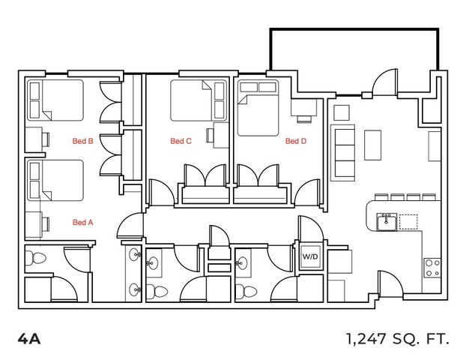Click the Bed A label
83,222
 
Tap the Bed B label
83,141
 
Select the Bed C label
181,141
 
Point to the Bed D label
296,141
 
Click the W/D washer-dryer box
310,256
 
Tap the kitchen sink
387,222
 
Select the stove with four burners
432,268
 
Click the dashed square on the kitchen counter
408,222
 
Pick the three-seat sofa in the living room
342,153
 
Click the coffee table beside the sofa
373,145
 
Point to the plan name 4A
29,339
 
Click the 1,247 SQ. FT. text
397,339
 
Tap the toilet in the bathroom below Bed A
35,258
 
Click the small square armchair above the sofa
342,112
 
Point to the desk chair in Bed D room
304,119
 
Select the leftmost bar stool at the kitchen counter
381,197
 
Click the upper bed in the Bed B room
55,100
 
